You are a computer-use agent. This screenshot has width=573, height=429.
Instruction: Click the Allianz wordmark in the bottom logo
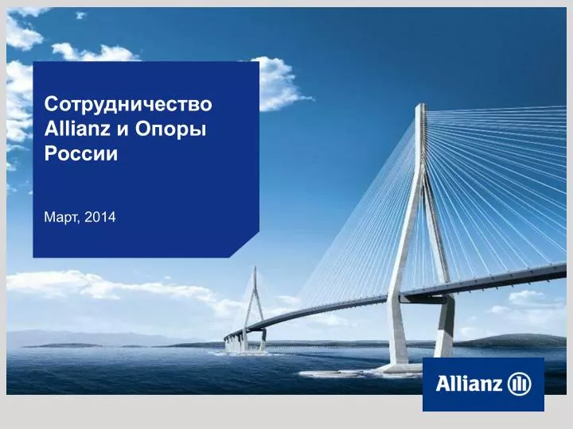pos(469,385)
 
